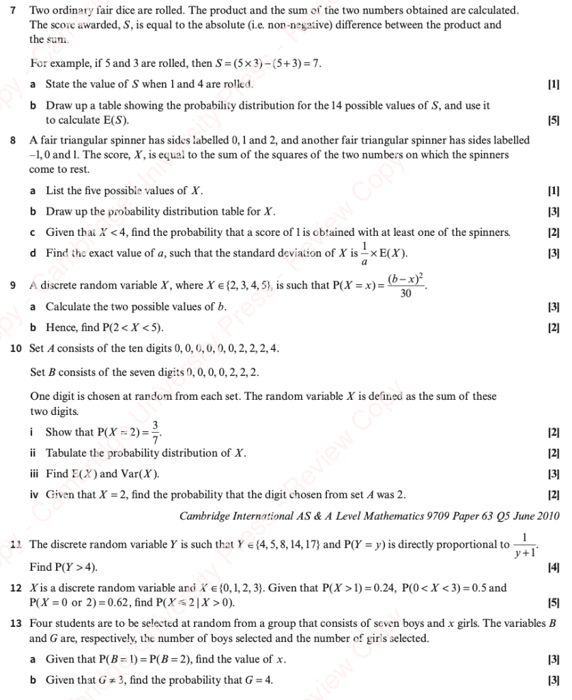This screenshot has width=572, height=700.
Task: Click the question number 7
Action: pos(14,11)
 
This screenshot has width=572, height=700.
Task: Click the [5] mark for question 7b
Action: pos(553,120)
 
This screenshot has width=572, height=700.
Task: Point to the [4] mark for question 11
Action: pos(553,567)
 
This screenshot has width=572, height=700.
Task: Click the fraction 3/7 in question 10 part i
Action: pos(156,432)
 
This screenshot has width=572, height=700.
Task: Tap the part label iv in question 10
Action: pos(35,495)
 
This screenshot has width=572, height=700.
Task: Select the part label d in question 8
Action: pos(33,254)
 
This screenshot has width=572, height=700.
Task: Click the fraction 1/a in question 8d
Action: pos(364,254)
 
